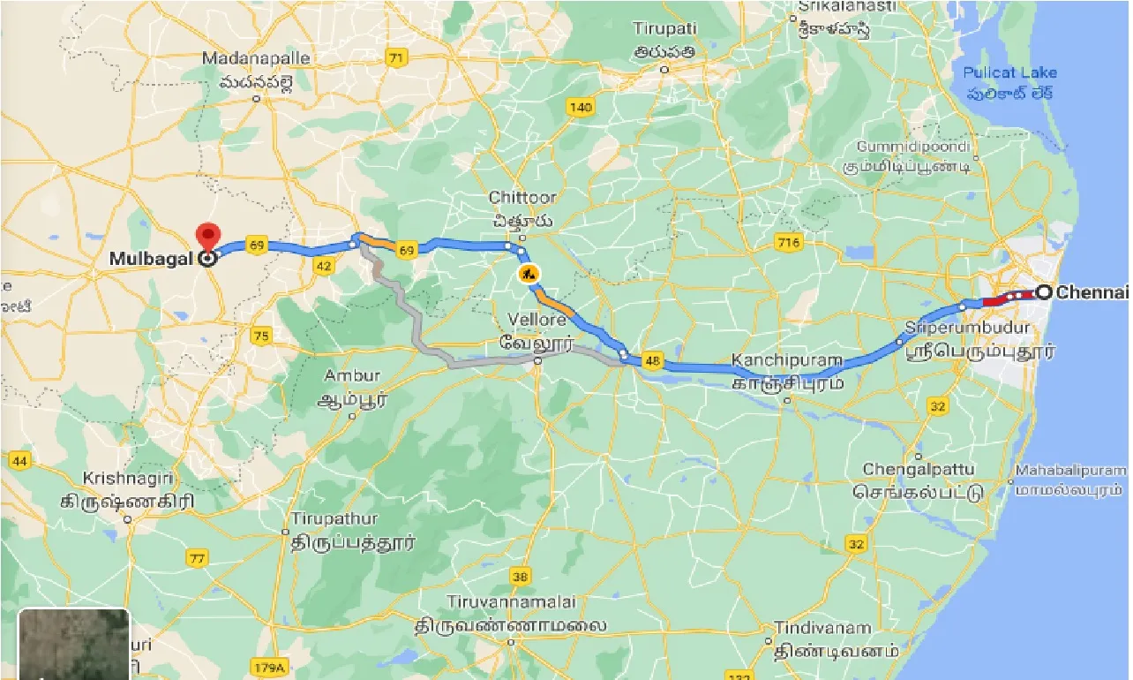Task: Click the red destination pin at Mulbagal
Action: coord(208,238)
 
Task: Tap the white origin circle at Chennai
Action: coord(1043,292)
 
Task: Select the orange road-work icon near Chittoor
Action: coord(529,274)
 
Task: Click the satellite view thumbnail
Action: coord(74,644)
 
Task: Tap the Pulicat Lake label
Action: coord(1009,72)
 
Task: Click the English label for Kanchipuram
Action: coord(787,361)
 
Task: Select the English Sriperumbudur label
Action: coord(968,328)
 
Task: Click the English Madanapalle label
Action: coord(256,58)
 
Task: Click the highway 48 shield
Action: coord(653,359)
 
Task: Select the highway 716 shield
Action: coord(786,242)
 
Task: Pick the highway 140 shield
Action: coord(581,108)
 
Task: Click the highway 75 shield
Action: coord(260,336)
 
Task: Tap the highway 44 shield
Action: coord(20,460)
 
